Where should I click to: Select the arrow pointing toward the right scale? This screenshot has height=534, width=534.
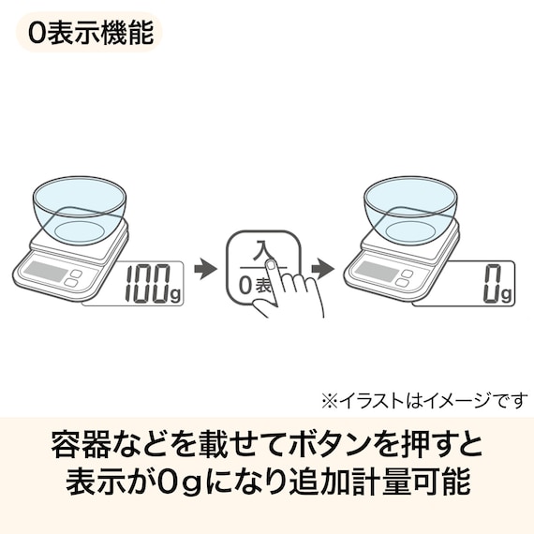pos(323,270)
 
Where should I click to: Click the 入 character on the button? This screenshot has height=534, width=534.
pos(262,252)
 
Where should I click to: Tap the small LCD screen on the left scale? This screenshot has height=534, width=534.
pos(45,272)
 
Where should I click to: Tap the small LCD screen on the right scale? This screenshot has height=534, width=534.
pos(376,272)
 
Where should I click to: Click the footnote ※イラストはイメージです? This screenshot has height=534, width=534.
pos(424,401)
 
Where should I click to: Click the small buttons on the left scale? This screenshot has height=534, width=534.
pos(75,277)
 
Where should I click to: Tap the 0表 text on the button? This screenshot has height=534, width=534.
pos(253,286)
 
